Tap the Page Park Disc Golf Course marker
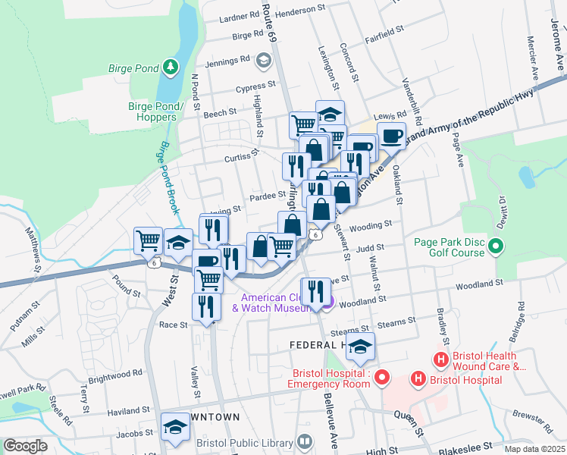pyautogui.click(x=497, y=246)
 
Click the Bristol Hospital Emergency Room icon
pyautogui.click(x=383, y=376)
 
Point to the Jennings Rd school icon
pyautogui.click(x=263, y=60)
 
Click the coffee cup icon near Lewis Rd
pyautogui.click(x=391, y=136)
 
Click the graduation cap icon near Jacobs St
pyautogui.click(x=176, y=426)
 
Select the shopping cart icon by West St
pyautogui.click(x=148, y=240)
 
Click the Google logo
pyautogui.click(x=25, y=446)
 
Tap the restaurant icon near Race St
pyautogui.click(x=205, y=306)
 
